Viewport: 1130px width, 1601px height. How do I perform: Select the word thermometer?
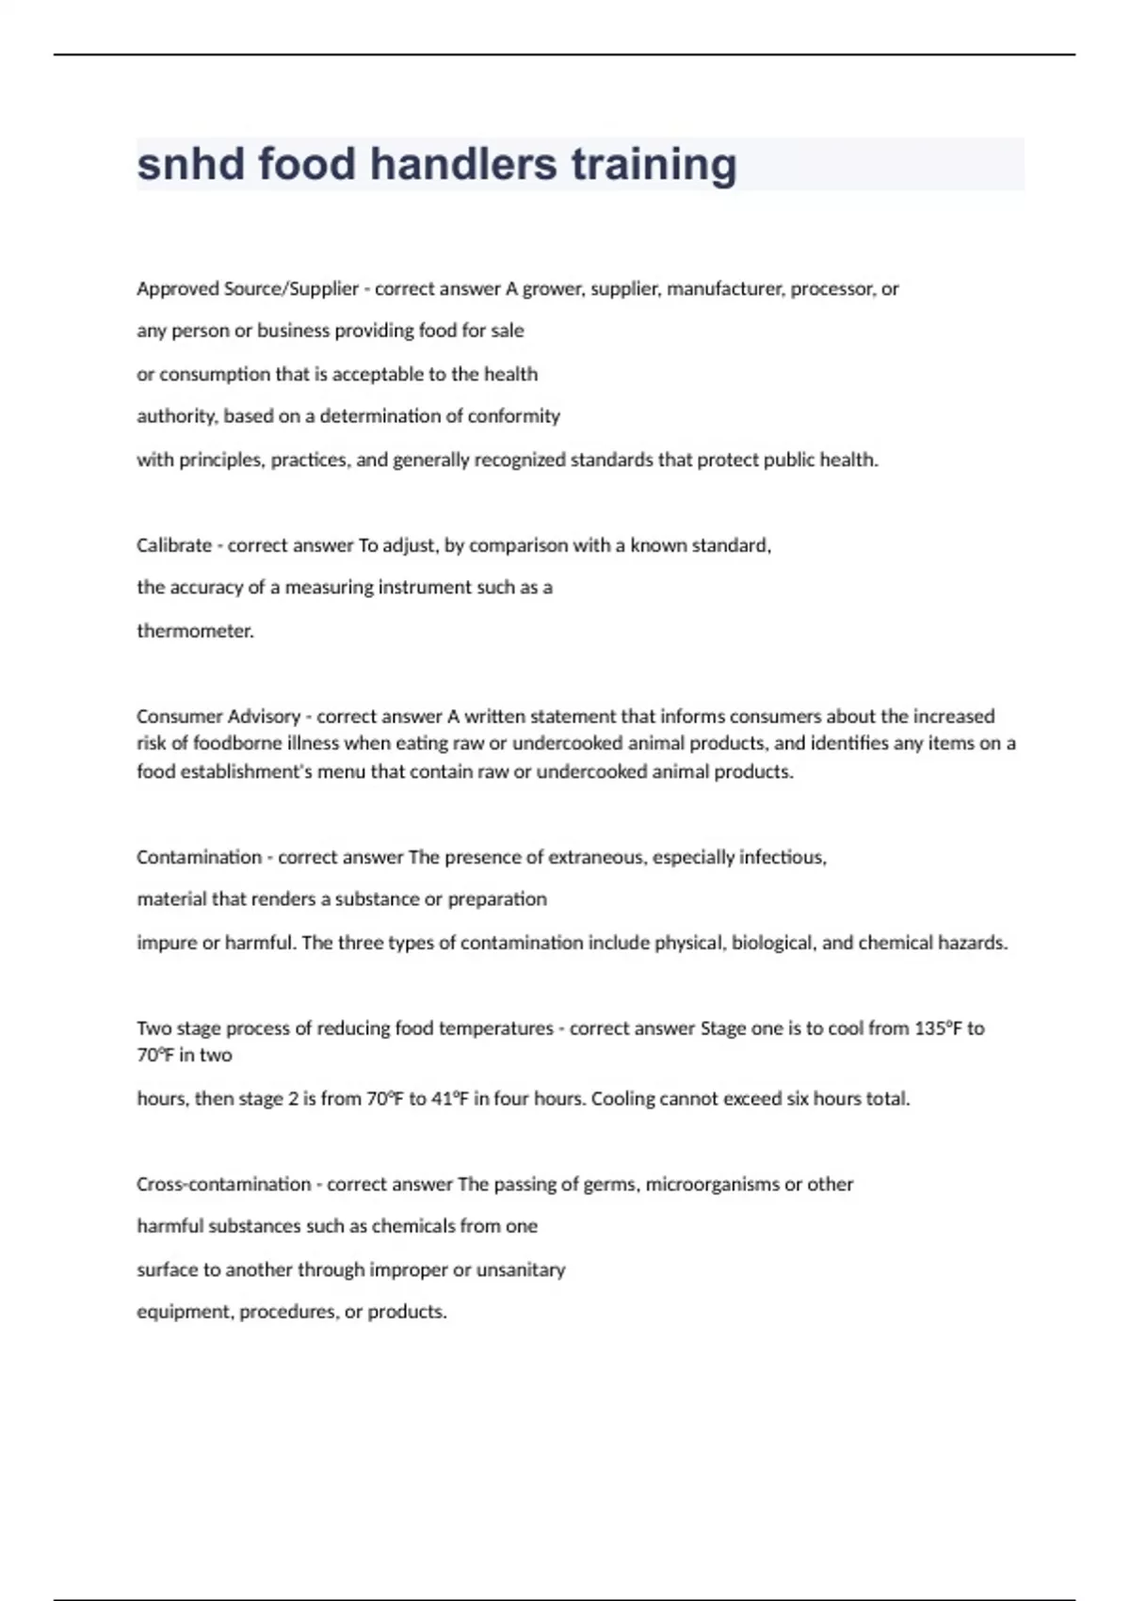coord(195,631)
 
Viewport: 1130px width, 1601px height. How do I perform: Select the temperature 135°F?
coord(936,1028)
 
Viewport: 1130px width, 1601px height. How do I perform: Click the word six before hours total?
coord(797,1099)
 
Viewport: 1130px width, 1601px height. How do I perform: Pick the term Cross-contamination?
coord(223,1185)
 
